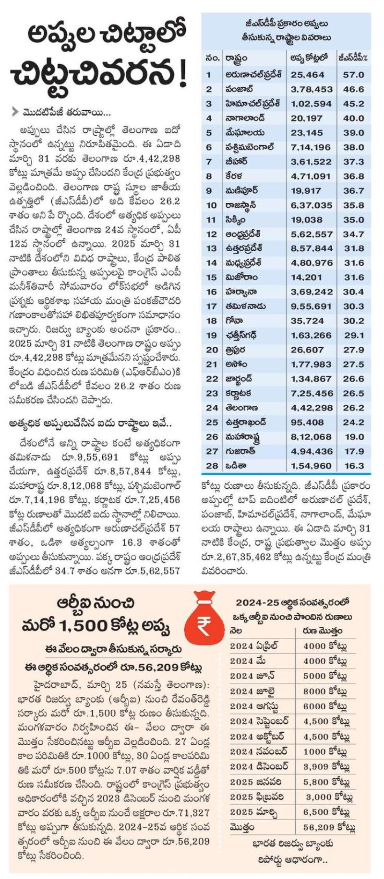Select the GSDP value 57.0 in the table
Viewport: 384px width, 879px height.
click(x=354, y=75)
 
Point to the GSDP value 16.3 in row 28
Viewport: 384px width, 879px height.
click(x=354, y=466)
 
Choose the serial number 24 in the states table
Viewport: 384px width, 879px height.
click(x=212, y=408)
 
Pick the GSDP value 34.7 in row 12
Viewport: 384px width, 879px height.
click(x=354, y=234)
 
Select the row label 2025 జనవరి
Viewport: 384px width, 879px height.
click(x=255, y=782)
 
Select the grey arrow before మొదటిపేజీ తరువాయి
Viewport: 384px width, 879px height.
click(x=16, y=113)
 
